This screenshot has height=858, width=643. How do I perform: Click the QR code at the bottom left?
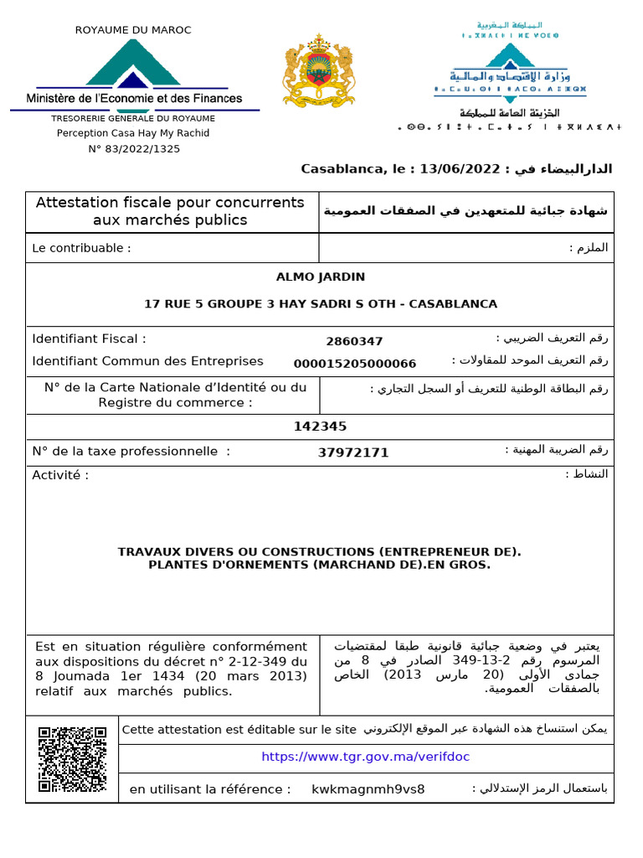73,759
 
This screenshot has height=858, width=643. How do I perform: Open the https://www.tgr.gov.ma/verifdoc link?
366,757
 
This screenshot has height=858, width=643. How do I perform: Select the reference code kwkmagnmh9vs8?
368,789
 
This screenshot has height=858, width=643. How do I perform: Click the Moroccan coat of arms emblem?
317,70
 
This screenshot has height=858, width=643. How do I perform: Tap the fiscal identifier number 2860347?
354,341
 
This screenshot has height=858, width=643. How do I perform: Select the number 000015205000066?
354,363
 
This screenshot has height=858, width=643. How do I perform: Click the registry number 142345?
320,426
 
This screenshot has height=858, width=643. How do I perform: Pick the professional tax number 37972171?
353,452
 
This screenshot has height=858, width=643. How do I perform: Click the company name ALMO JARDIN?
321,277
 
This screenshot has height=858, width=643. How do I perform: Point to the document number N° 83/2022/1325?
134,149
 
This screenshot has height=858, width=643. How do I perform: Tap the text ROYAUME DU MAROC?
133,30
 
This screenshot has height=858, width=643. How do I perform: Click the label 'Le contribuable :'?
81,248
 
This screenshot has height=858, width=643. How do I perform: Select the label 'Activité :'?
60,475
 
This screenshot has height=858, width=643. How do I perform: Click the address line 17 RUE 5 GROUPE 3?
321,303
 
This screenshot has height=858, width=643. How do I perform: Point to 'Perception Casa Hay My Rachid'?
133,133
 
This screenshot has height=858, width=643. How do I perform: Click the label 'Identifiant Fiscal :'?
89,339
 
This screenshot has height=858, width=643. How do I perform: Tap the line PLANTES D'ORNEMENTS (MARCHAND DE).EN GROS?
319,565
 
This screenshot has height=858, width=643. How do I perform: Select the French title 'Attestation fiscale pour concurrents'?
169,203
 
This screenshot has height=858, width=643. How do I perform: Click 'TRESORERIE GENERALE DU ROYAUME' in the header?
134,118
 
